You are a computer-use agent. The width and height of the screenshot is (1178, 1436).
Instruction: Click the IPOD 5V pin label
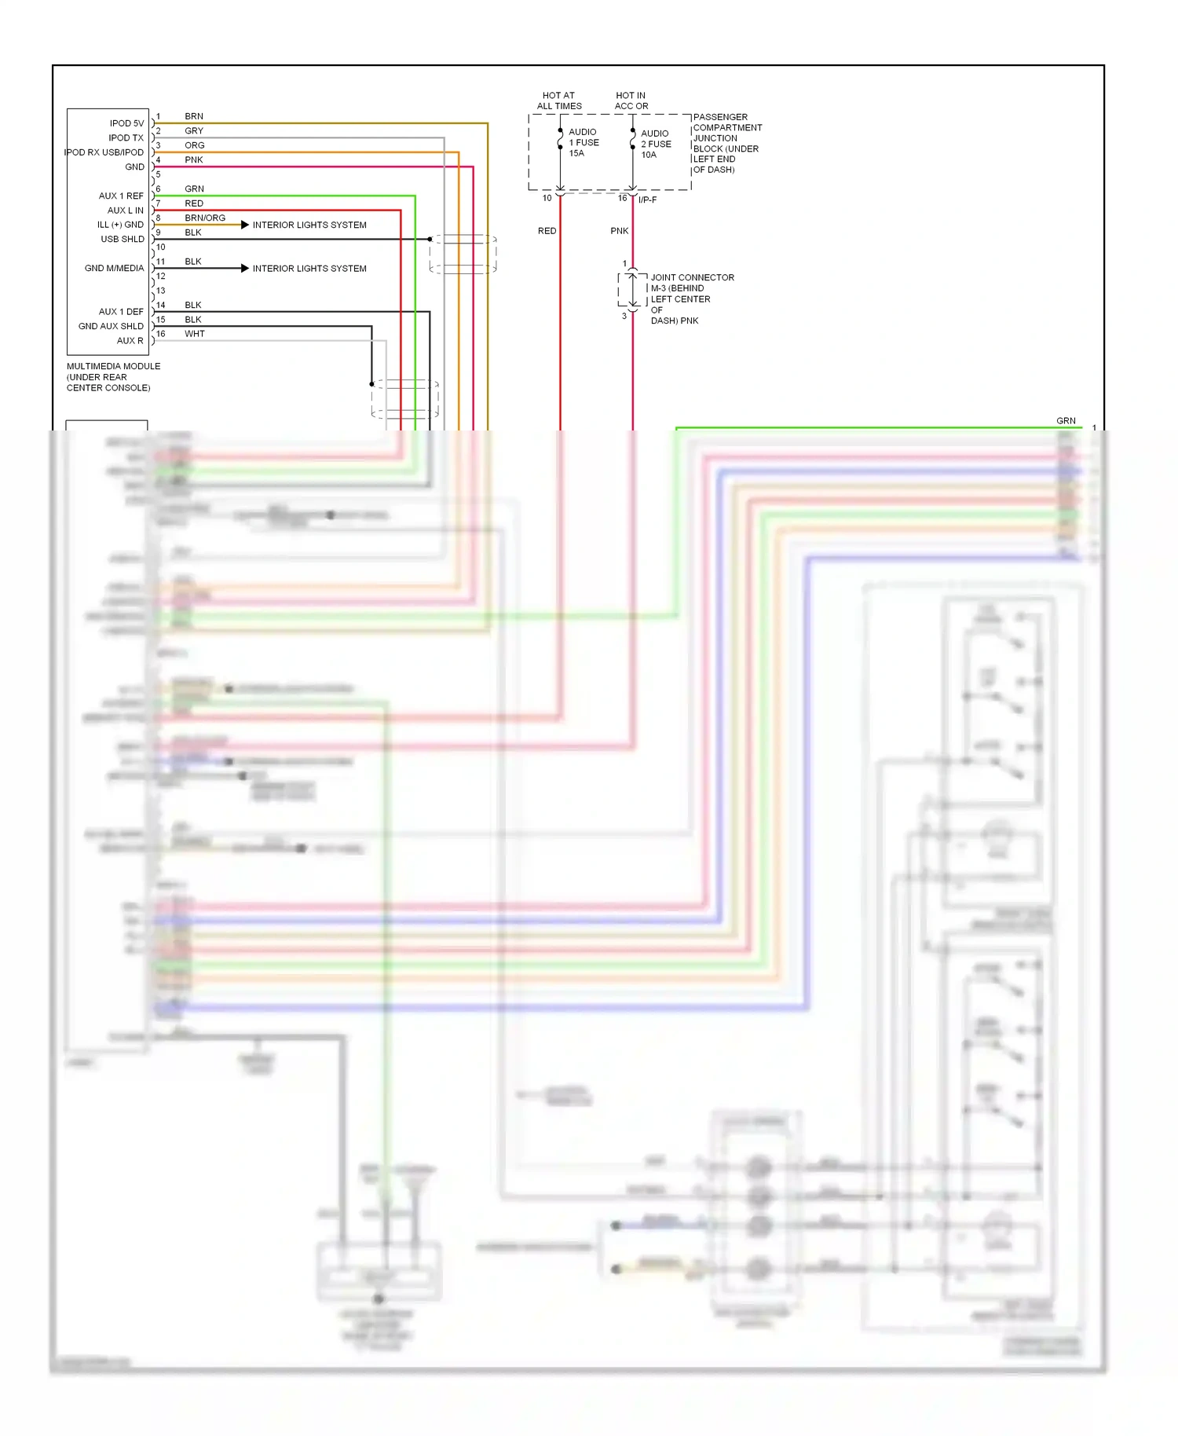click(126, 123)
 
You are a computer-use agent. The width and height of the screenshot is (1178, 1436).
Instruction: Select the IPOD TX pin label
click(126, 137)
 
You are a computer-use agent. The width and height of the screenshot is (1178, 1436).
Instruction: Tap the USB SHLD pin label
click(123, 239)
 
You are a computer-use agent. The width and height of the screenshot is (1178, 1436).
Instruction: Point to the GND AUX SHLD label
click(111, 326)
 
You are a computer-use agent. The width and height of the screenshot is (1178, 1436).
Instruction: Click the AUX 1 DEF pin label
click(121, 312)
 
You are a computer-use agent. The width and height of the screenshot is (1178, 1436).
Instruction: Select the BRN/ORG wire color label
click(205, 218)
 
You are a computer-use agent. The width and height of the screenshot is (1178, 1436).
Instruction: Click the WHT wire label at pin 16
click(195, 334)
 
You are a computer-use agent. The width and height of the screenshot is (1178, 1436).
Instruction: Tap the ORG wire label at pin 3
click(195, 145)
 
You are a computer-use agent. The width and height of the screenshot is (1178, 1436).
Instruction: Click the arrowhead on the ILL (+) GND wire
click(245, 225)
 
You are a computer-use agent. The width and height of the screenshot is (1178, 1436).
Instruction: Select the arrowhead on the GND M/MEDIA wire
click(245, 269)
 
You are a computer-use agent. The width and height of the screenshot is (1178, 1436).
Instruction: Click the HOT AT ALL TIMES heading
click(559, 101)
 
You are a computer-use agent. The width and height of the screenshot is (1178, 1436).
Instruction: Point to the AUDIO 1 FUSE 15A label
click(584, 142)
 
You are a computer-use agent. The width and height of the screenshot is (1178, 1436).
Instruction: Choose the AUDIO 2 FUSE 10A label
click(656, 144)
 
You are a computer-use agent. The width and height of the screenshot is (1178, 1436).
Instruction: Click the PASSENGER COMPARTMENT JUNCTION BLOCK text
click(726, 143)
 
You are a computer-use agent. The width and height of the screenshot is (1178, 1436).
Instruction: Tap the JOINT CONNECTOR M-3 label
click(691, 283)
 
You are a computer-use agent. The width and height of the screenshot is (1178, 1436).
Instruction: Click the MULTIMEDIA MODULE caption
click(113, 376)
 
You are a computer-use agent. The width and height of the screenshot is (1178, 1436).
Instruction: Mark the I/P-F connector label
click(647, 200)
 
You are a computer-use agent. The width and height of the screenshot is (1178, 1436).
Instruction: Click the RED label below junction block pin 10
click(547, 231)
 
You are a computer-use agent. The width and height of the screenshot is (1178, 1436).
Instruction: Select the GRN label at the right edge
click(1066, 421)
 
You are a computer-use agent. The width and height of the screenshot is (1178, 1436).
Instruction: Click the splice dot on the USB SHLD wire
click(430, 239)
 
